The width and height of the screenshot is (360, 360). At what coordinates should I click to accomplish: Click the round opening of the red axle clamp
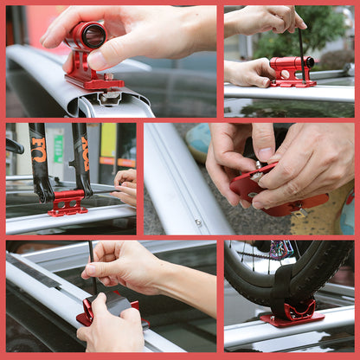[93, 35]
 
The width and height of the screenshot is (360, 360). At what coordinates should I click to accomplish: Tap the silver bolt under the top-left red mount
[109, 97]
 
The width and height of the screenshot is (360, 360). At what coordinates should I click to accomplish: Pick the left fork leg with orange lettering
[39, 161]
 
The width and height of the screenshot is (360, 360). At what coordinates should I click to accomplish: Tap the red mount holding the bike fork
[67, 202]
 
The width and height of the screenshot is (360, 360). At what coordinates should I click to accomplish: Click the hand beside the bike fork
[125, 185]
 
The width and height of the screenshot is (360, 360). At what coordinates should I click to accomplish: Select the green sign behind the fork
[59, 148]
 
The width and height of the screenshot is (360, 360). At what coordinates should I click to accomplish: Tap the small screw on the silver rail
[198, 222]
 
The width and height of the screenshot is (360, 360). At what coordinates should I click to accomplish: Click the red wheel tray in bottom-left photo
[111, 307]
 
